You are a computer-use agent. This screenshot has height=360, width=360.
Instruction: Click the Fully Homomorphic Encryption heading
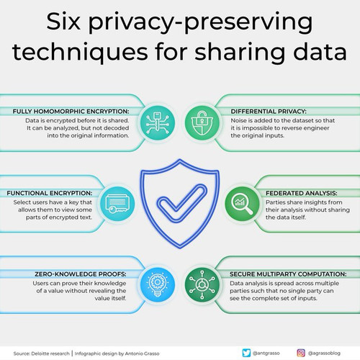coord(71,112)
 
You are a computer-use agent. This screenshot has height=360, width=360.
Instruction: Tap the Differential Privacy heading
coord(269,112)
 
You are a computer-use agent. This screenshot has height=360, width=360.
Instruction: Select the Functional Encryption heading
coord(50,193)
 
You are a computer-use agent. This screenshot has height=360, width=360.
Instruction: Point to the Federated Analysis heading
coord(302,193)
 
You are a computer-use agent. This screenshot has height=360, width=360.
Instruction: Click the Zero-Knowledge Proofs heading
coord(81,274)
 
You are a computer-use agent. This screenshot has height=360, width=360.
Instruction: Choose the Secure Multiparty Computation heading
coord(288,274)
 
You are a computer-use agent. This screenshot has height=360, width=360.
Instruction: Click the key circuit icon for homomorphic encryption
coord(158,123)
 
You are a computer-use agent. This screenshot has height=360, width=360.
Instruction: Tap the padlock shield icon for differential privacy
coord(202,123)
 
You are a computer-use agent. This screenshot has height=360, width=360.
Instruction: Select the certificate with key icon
coord(117,204)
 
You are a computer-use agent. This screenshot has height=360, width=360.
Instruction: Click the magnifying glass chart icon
coord(242,204)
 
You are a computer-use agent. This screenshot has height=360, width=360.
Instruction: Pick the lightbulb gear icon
coord(158,284)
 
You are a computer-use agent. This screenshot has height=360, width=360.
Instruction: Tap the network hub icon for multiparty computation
coord(202,284)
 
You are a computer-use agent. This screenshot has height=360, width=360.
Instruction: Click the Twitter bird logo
coord(246,353)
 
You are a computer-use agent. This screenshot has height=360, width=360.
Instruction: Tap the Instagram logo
coord(301,353)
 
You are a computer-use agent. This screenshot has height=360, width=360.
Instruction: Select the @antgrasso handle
coord(266,354)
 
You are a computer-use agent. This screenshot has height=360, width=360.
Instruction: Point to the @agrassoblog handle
coord(324,354)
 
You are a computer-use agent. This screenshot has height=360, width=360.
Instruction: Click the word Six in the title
coord(63,22)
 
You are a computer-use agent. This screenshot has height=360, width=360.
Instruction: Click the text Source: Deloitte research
coord(41,354)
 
